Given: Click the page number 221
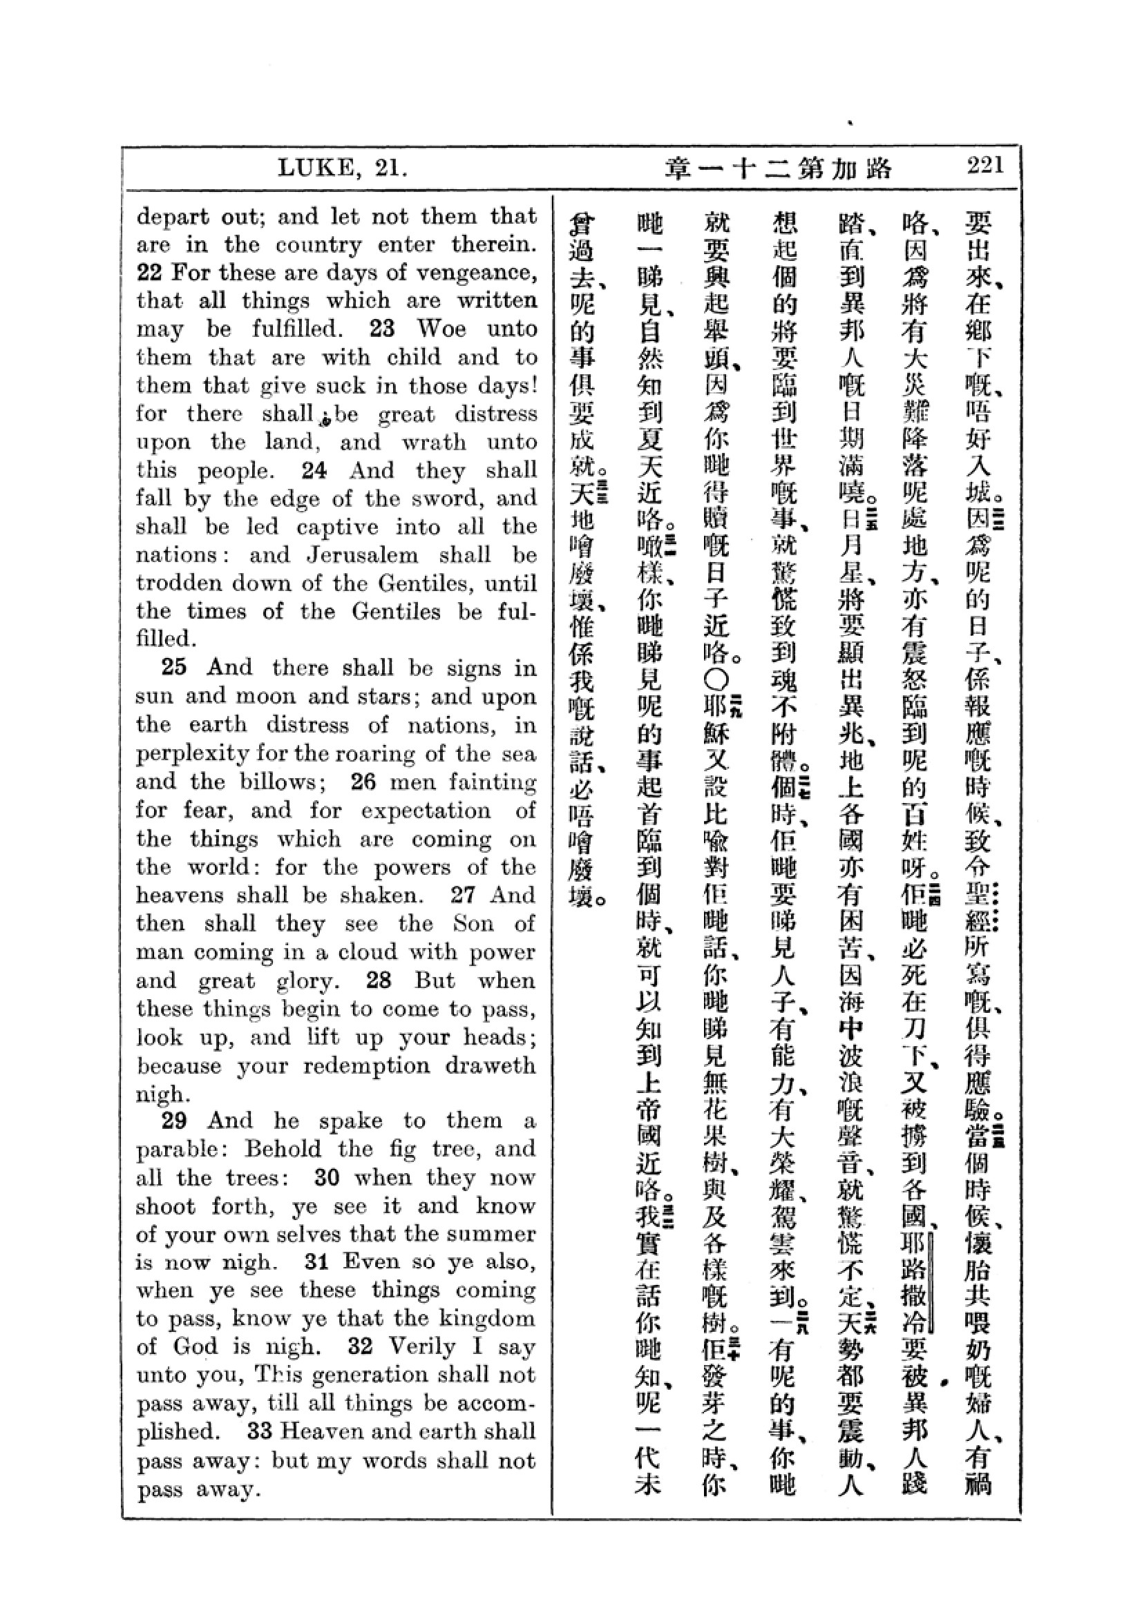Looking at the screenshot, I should [x=984, y=166].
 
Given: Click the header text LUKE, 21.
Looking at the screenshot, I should [x=342, y=168].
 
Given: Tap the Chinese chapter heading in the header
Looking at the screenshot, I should [x=778, y=168].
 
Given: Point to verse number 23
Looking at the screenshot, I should [x=382, y=329].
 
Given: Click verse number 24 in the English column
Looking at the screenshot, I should [x=314, y=470].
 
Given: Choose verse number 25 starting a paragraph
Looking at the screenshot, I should [x=174, y=667].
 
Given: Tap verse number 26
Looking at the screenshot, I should [x=363, y=782].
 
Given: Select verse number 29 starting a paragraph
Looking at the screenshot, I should [x=174, y=1121].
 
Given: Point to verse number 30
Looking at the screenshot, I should [x=327, y=1177].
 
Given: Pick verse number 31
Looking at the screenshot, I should [x=318, y=1262].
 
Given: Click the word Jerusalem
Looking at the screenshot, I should [x=363, y=555].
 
